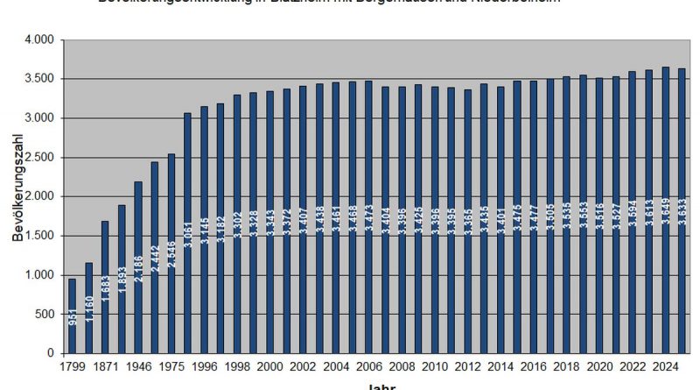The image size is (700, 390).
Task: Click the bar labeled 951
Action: click(x=72, y=316)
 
